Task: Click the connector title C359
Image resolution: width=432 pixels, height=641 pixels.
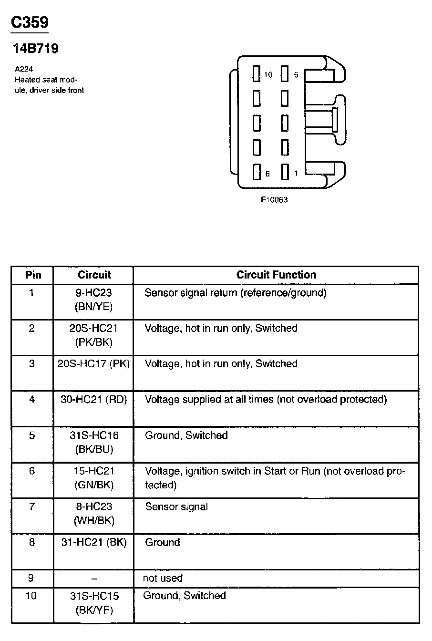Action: pos(30,23)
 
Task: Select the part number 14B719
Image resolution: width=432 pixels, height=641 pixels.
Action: pos(34,49)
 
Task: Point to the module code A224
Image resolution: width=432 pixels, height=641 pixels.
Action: pos(24,69)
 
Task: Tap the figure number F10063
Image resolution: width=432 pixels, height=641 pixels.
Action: pos(274,200)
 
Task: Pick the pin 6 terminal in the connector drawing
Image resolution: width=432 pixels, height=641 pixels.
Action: pos(257,172)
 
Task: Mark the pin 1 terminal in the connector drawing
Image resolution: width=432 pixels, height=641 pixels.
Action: pos(285,172)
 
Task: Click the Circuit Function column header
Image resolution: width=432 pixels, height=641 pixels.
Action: pos(276,275)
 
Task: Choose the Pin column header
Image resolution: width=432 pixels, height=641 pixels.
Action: pos(33,275)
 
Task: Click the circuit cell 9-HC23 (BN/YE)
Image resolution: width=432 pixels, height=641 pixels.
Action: pos(94,300)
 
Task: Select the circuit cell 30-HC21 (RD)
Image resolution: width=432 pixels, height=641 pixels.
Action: pos(94,400)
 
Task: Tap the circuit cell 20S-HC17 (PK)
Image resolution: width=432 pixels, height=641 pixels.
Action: pos(94,364)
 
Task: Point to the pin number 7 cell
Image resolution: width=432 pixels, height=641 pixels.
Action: pos(32,507)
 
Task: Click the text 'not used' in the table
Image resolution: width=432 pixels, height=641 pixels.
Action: pos(163,578)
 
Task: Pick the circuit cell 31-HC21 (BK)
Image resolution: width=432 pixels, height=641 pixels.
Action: pos(94,542)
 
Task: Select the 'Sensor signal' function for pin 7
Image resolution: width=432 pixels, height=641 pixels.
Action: pos(176,507)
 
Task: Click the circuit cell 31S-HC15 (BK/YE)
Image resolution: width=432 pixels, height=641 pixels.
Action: pos(94,603)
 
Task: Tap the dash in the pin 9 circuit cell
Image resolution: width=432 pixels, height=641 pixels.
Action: pos(94,579)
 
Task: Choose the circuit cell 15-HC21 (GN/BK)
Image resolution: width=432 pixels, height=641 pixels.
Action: pos(94,478)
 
